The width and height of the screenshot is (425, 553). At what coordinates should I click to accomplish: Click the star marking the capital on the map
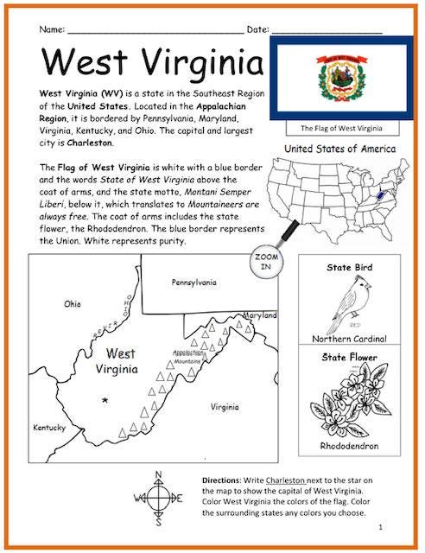click(105, 399)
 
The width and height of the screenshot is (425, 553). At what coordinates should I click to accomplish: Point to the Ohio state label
click(73, 304)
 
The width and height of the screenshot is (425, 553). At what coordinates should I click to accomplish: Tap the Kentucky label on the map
click(49, 428)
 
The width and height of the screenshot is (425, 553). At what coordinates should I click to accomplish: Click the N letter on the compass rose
click(156, 474)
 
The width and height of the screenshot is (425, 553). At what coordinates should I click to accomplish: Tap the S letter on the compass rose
click(156, 522)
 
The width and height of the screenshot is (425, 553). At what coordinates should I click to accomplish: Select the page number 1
click(380, 526)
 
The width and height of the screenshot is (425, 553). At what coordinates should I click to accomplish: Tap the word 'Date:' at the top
click(258, 29)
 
